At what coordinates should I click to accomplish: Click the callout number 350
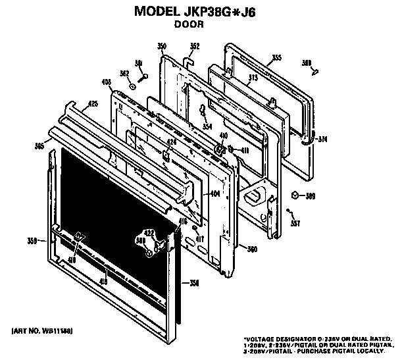(161, 45)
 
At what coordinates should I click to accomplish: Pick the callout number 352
(194, 45)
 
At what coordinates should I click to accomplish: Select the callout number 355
(276, 58)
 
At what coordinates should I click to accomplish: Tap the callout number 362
(123, 74)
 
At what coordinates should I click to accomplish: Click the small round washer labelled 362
(132, 86)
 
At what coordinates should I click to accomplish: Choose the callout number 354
(207, 126)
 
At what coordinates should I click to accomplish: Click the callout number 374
(322, 140)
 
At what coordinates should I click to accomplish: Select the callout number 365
(40, 146)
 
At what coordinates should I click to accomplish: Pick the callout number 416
(183, 222)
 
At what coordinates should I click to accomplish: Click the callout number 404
(214, 194)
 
